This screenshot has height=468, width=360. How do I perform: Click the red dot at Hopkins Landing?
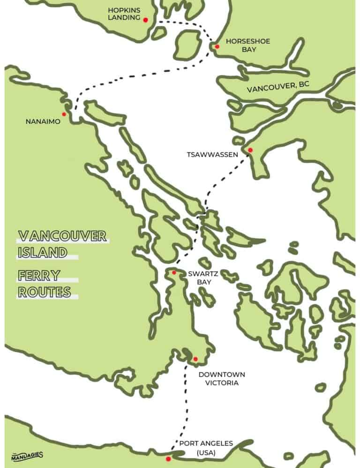[x=145, y=20]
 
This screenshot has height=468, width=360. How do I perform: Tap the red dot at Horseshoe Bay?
[x=217, y=46]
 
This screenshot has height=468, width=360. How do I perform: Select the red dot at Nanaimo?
[x=64, y=114]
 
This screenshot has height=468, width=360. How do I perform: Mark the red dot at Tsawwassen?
[x=250, y=150]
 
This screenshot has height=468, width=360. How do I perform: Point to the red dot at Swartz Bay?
[x=174, y=272]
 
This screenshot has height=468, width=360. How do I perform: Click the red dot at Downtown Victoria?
[x=195, y=359]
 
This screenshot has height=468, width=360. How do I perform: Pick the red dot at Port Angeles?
[x=168, y=459]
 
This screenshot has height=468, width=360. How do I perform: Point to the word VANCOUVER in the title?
[x=62, y=235]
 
